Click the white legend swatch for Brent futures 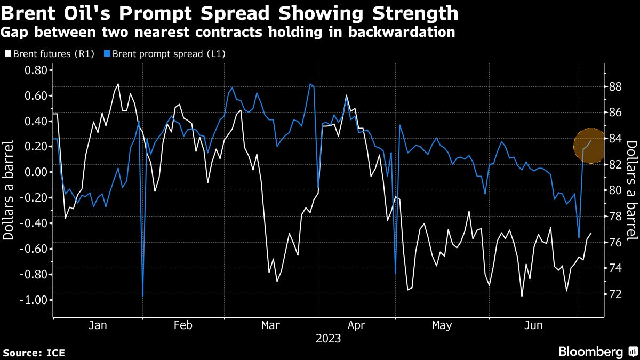(x=8, y=53)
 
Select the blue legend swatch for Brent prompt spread (x=108, y=53)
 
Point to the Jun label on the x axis (x=534, y=325)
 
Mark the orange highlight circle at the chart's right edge (x=590, y=146)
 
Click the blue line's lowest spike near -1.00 (x=143, y=295)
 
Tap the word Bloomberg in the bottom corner (x=590, y=351)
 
